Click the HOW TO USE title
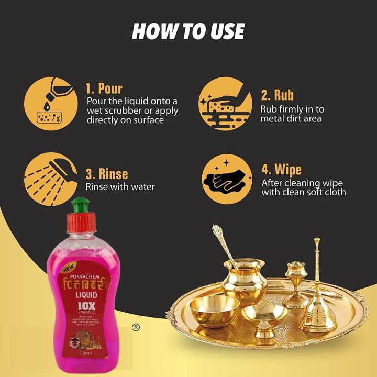[188, 31]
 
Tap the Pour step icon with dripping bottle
[47, 103]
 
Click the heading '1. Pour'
[104, 87]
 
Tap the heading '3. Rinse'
[106, 173]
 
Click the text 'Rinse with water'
[120, 186]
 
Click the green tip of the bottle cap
[81, 202]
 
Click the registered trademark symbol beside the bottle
[136, 327]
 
